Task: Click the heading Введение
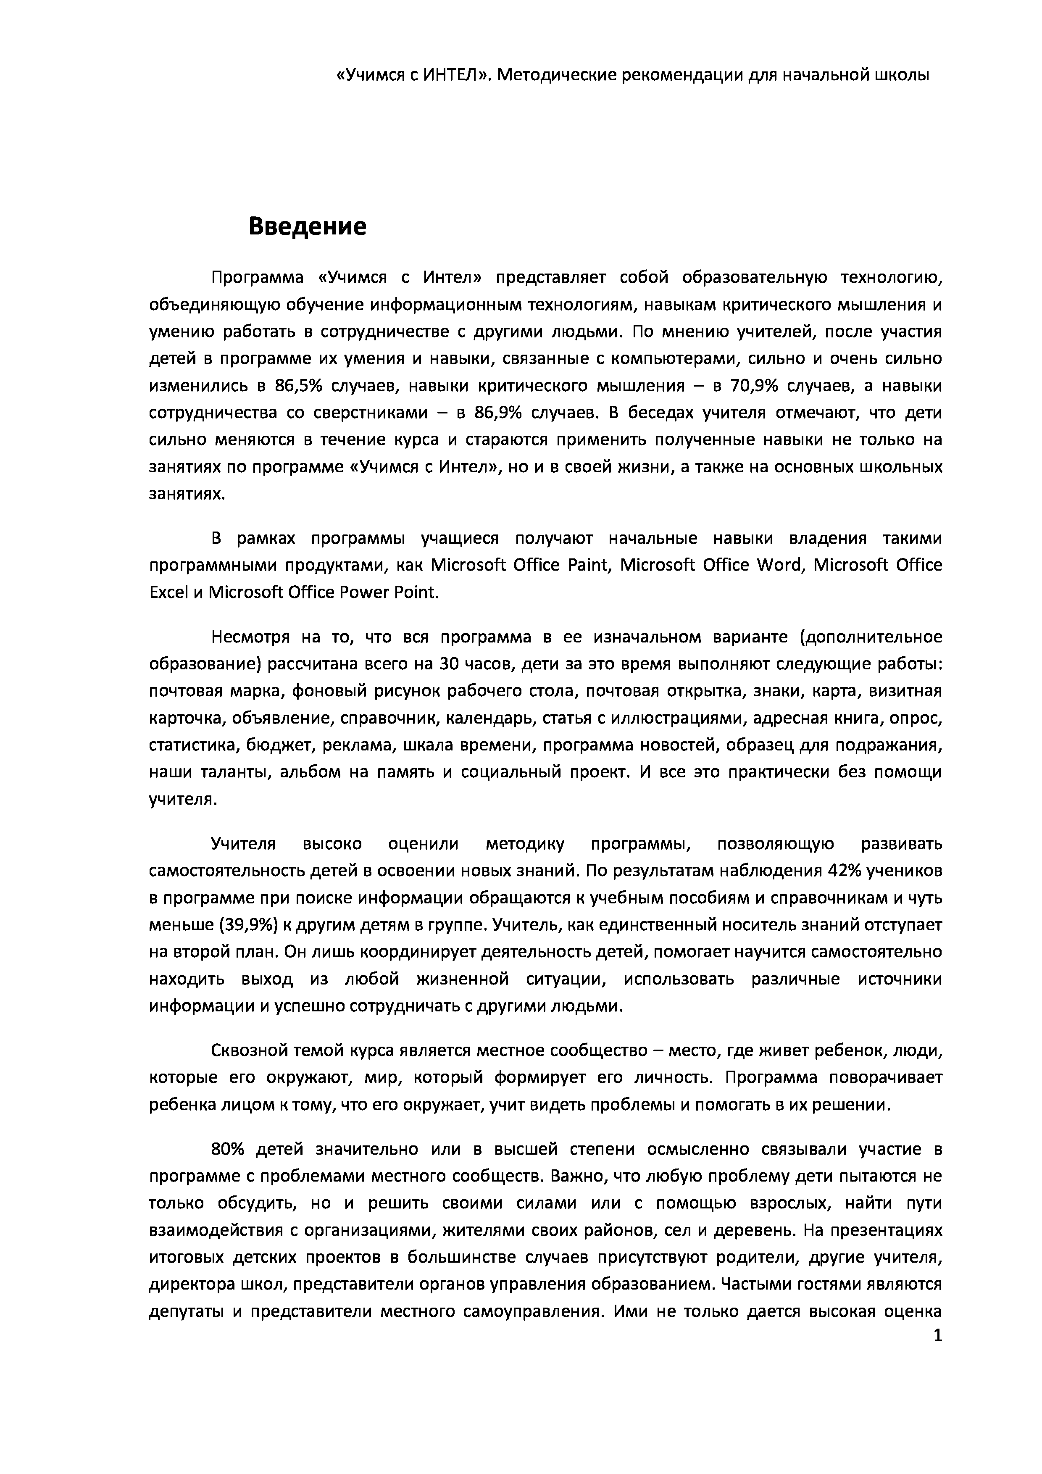307,226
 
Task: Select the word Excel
166,592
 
